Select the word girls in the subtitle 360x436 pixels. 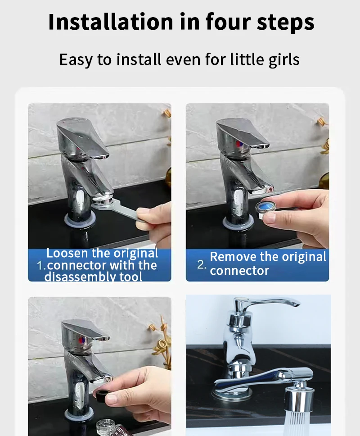282,59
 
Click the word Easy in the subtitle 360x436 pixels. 75,59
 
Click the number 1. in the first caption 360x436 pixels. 41,265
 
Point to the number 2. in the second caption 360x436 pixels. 202,264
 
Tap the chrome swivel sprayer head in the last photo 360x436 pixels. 299,394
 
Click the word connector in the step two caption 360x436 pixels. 239,271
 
